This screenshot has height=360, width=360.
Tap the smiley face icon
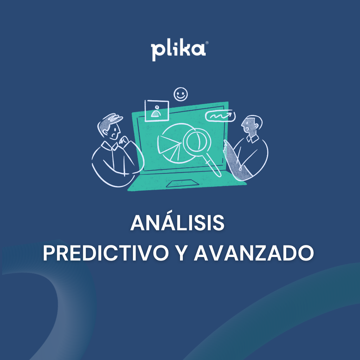coord(181,94)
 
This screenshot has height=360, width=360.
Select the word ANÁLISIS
coord(178,223)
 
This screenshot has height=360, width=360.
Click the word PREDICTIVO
coord(106,253)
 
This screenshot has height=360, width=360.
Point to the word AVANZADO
coord(254,253)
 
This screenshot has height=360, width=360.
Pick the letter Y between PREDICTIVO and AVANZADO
coord(181,253)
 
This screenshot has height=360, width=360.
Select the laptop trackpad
coord(182,184)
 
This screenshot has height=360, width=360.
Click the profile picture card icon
coord(157,111)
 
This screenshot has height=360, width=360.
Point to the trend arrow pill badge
coord(220,116)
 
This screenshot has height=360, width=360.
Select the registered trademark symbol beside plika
coord(207,43)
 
